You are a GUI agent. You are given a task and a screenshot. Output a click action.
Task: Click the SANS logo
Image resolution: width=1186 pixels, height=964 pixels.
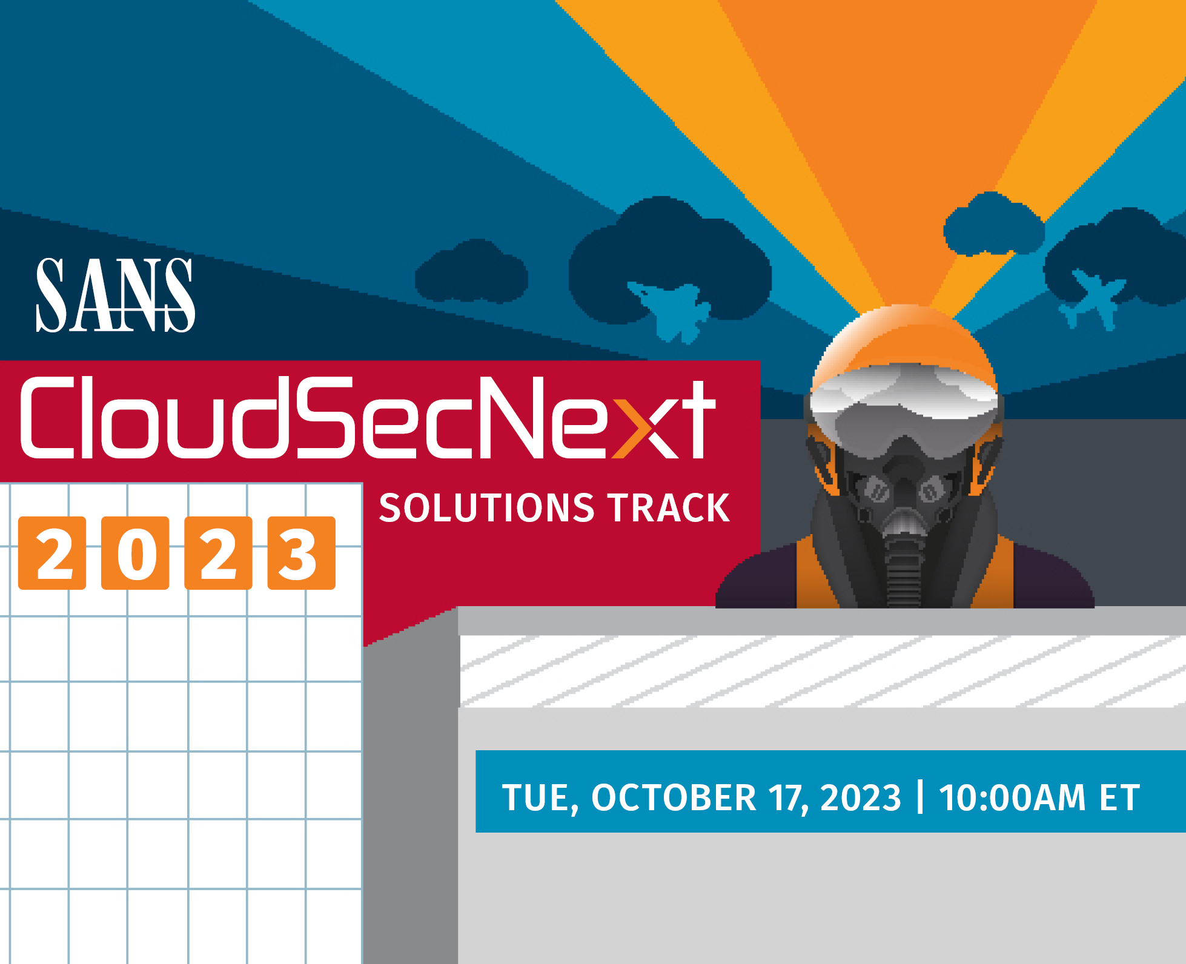pos(115,295)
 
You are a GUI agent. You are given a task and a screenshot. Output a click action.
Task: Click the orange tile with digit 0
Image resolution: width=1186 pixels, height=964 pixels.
pos(135,553)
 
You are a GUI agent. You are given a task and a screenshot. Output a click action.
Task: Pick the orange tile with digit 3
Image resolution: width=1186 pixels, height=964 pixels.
pos(301,553)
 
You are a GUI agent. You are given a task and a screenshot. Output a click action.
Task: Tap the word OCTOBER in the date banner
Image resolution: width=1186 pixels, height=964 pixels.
pos(673,797)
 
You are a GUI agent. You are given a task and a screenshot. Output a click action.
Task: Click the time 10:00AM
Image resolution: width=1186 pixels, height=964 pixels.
pos(1012,797)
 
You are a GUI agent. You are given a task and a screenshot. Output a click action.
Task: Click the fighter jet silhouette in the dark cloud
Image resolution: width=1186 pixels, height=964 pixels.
pos(671,309)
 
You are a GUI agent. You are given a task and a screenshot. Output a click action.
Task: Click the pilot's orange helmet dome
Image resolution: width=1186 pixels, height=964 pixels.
pos(904,339)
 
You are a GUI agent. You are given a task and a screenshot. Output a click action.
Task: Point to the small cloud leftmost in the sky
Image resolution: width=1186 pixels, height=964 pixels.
pos(471,272)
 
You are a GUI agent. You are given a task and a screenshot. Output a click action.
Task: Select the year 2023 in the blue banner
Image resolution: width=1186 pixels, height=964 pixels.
pos(860,797)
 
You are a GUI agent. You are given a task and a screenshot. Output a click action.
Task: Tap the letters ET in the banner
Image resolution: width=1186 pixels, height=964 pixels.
pos(1119,797)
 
